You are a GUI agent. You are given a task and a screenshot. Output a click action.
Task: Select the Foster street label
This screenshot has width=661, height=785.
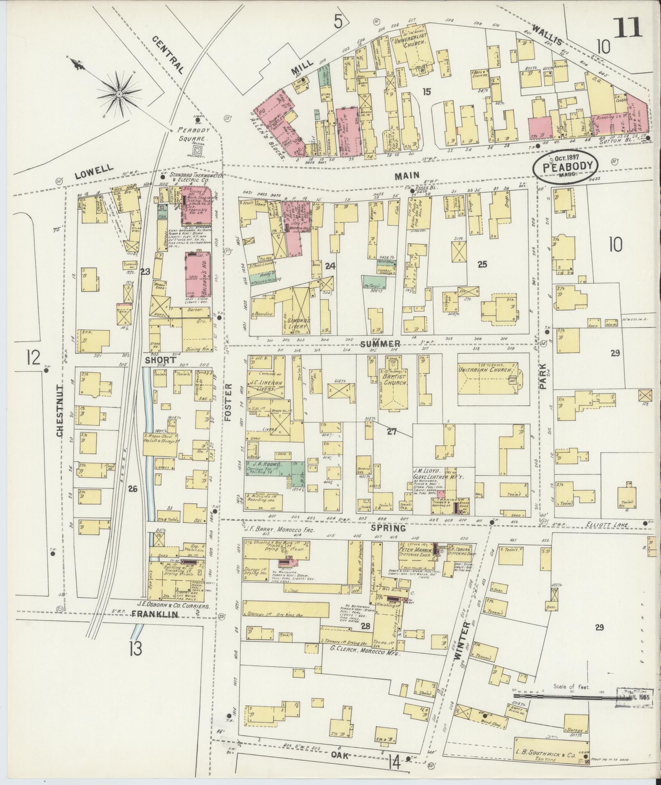(228, 403)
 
